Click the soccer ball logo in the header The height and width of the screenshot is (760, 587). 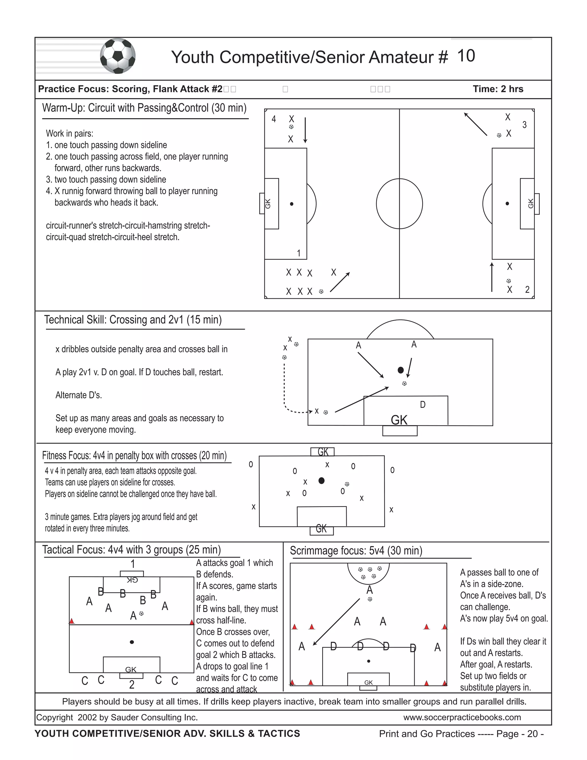(118, 56)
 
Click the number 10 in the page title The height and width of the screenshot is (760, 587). (466, 56)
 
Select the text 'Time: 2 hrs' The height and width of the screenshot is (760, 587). (498, 89)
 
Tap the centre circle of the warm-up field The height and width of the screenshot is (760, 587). (399, 204)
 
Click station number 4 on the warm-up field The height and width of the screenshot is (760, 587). (274, 119)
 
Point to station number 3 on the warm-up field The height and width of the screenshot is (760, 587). (525, 124)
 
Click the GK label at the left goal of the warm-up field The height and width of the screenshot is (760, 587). (268, 204)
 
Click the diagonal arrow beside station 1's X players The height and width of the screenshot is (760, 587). (340, 282)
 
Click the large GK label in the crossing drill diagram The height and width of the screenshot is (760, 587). (399, 420)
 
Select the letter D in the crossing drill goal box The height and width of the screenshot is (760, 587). (422, 404)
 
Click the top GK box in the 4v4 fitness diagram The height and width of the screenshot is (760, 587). (323, 452)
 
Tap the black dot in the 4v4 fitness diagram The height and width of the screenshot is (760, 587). (321, 481)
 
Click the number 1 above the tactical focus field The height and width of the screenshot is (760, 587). (132, 564)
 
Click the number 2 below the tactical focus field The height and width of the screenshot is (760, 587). (132, 685)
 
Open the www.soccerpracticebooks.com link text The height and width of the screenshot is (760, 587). (462, 717)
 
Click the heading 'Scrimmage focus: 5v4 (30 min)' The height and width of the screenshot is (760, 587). (356, 551)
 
